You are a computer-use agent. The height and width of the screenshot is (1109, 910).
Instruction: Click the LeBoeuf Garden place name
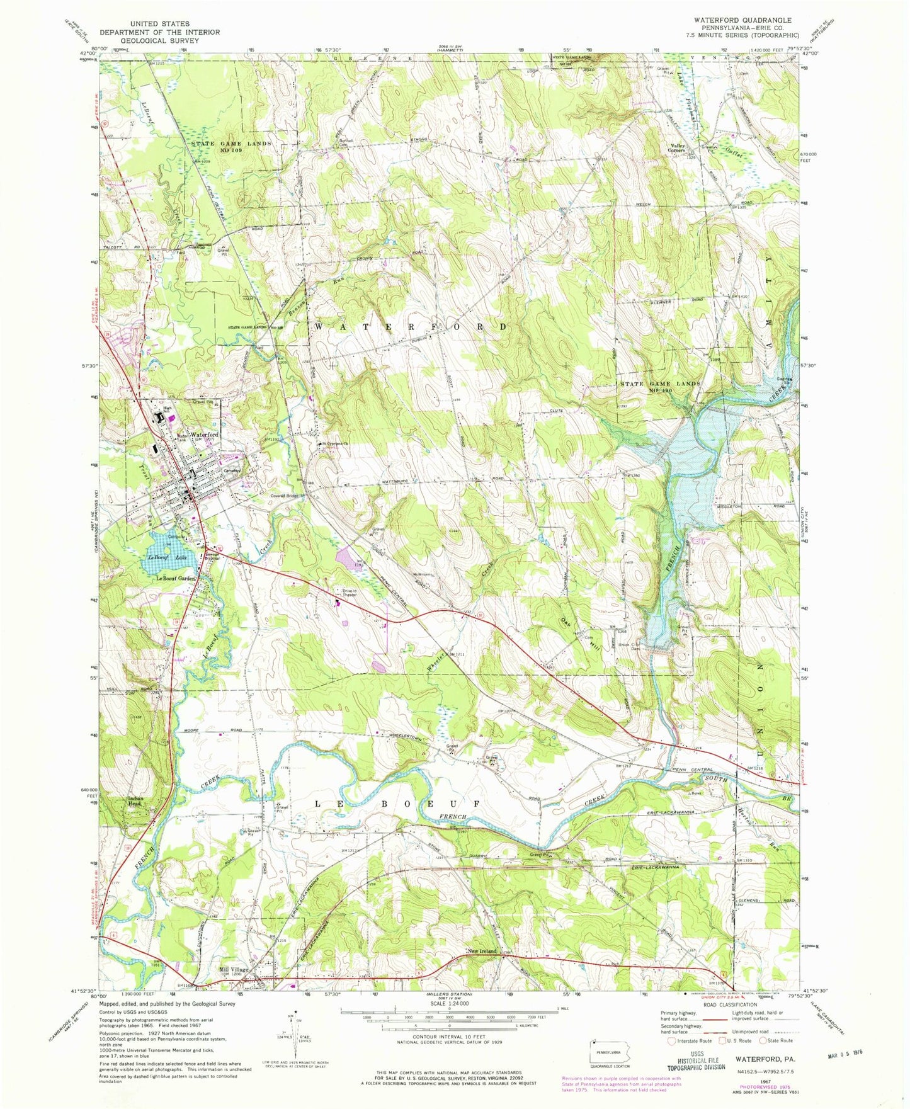point(176,578)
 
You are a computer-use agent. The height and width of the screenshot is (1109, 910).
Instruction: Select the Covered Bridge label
point(287,496)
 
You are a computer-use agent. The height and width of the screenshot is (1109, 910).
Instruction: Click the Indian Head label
point(135,801)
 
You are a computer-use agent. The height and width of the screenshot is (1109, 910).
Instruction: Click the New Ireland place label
point(482,951)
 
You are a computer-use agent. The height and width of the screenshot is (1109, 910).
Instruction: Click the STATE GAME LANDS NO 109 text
point(231,147)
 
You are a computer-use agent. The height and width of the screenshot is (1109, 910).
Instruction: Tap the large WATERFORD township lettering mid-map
point(409,327)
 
